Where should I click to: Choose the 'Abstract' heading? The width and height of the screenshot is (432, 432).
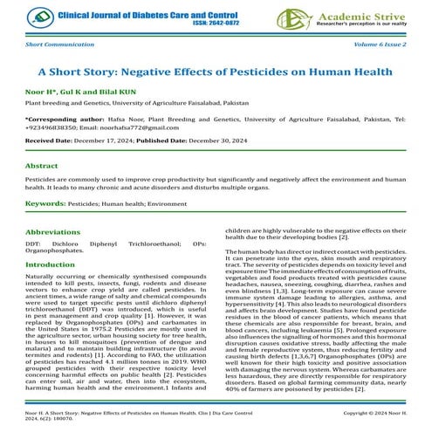pos(42,164)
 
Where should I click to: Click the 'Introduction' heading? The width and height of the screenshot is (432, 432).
pos(51,264)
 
